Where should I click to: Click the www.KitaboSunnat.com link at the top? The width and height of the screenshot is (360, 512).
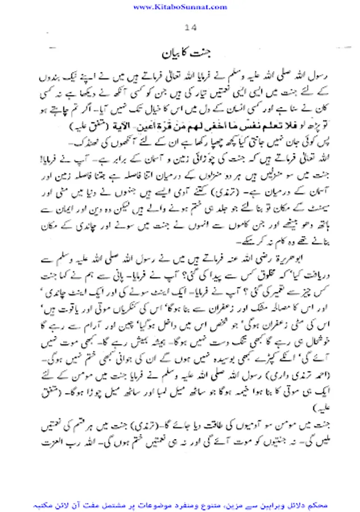[180, 7]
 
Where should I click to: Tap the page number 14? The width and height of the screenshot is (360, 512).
[190, 29]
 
